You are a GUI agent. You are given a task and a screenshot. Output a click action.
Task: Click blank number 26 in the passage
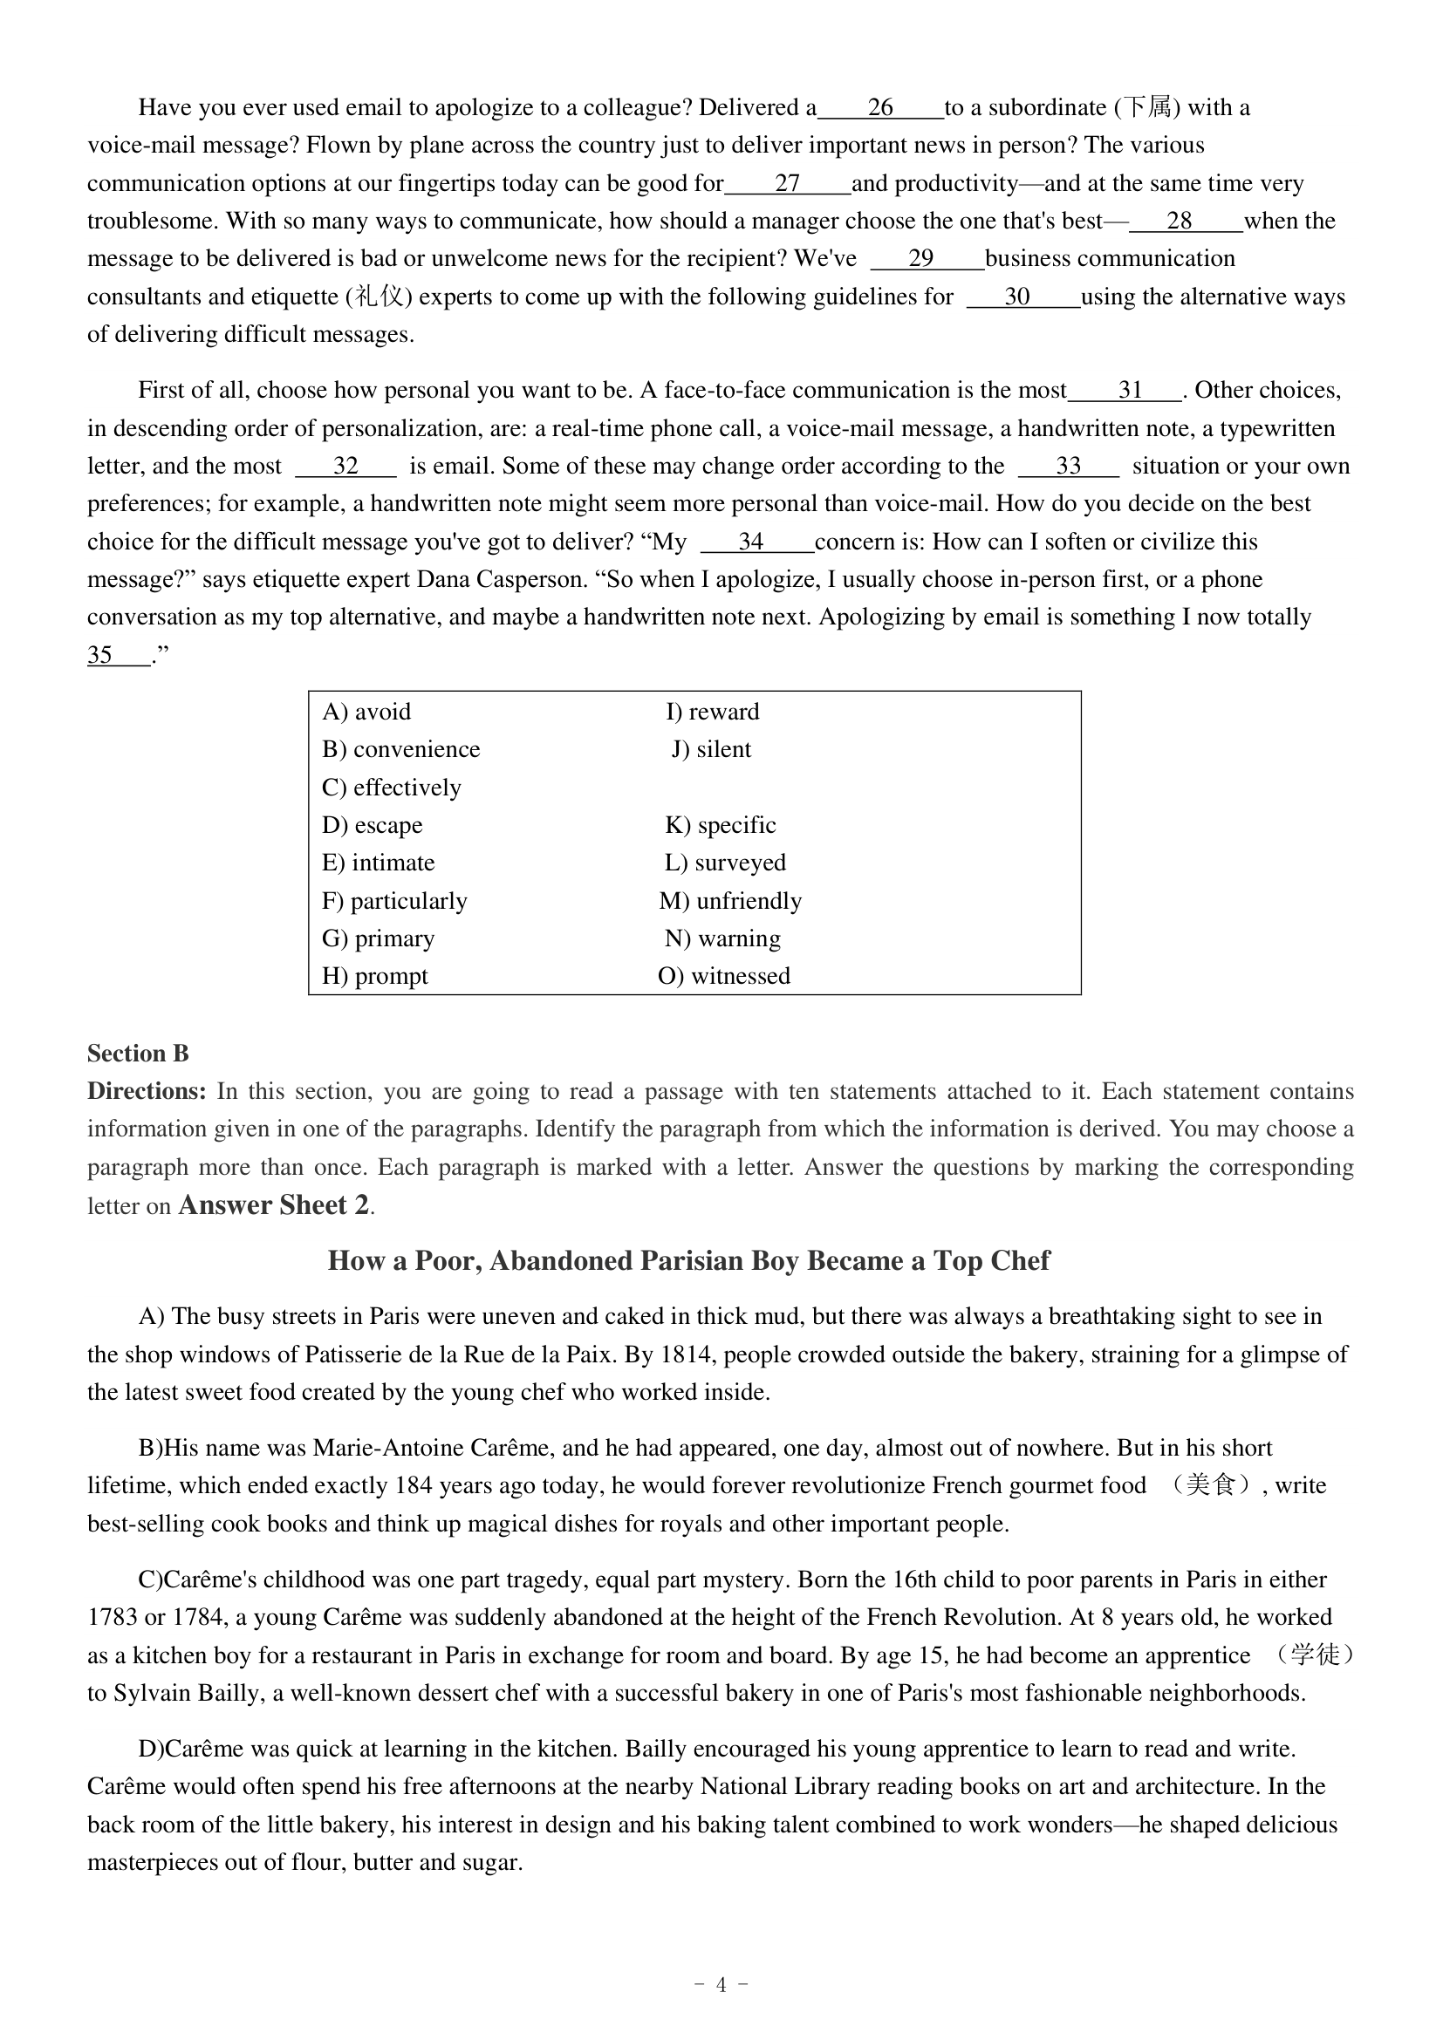point(879,108)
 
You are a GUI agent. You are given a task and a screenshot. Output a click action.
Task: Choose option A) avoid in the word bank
point(366,713)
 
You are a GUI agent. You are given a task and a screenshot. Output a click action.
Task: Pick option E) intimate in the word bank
point(378,863)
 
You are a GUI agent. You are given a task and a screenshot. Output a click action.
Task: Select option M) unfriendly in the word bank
point(729,902)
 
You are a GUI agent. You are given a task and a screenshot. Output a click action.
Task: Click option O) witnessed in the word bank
point(723,977)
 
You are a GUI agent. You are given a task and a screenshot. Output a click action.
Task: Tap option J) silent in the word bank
point(711,750)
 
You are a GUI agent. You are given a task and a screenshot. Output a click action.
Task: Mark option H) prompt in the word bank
point(374,977)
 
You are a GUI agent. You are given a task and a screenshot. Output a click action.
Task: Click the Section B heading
point(138,1054)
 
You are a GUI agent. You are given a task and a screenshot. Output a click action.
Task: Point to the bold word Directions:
point(147,1092)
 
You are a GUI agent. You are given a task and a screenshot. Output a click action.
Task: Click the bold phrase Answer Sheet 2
point(274,1205)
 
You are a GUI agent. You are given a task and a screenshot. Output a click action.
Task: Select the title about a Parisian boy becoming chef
point(688,1262)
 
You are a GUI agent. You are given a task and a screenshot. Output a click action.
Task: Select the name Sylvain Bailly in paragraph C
point(188,1694)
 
